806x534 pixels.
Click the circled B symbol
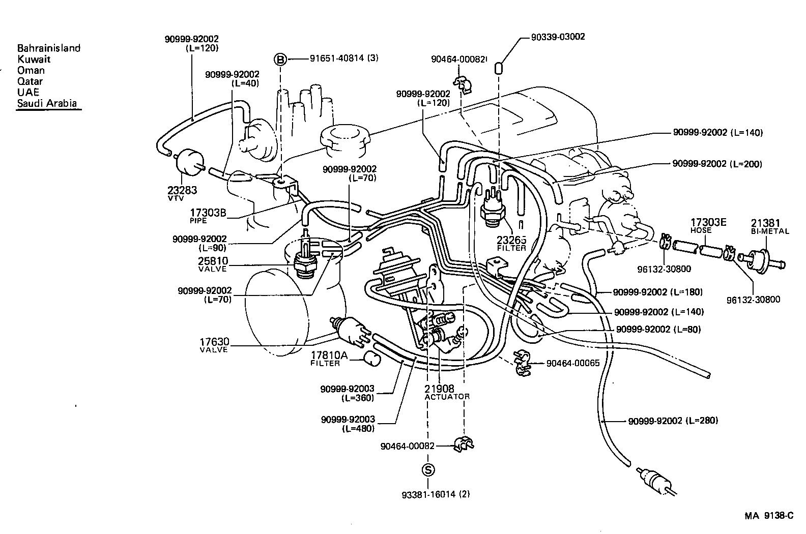pyautogui.click(x=281, y=59)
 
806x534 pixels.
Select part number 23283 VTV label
pyautogui.click(x=182, y=192)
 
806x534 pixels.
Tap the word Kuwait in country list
pyautogui.click(x=34, y=59)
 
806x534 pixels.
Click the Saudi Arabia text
pyautogui.click(x=47, y=103)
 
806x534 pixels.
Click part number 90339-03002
pyautogui.click(x=558, y=37)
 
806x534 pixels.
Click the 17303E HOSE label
pyautogui.click(x=708, y=226)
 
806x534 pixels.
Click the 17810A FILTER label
pyautogui.click(x=329, y=359)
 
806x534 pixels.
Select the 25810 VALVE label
pyautogui.click(x=213, y=264)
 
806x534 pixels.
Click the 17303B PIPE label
pyautogui.click(x=208, y=215)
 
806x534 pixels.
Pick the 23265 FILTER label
pyautogui.click(x=511, y=244)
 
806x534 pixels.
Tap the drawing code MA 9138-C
pyautogui.click(x=769, y=516)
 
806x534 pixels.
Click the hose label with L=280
pyautogui.click(x=673, y=421)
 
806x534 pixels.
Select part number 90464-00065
pyautogui.click(x=573, y=363)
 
